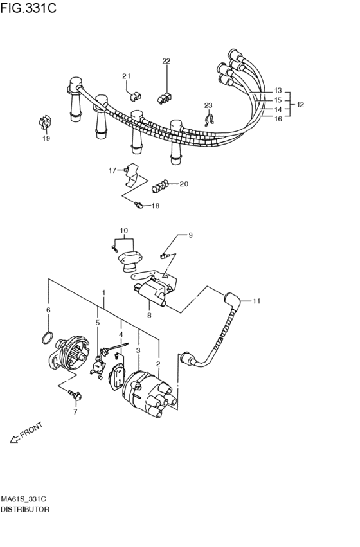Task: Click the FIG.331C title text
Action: (28, 8)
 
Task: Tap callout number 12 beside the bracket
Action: (300, 104)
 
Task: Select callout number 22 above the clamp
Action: (166, 61)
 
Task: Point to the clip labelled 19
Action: (45, 122)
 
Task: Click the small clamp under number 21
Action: (135, 96)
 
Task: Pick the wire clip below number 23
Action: (209, 120)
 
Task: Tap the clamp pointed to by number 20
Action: (160, 186)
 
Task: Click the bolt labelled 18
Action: (139, 205)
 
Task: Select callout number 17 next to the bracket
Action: (113, 170)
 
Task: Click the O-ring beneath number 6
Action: (48, 337)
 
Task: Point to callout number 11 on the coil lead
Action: (256, 301)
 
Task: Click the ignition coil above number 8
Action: (150, 292)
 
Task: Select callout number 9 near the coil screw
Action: (190, 235)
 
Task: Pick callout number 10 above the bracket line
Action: (124, 231)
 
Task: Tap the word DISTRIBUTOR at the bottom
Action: (25, 509)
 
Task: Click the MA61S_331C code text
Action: (23, 499)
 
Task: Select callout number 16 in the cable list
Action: (278, 119)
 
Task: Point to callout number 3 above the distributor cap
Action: (138, 350)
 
